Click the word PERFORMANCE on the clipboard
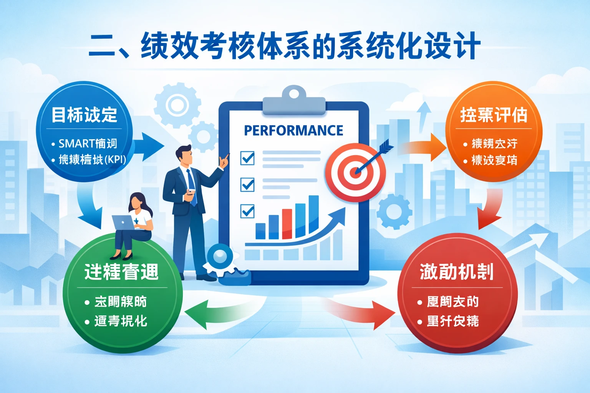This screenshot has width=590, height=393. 293,130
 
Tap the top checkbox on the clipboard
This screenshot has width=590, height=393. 247,158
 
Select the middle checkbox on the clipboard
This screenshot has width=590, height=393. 247,185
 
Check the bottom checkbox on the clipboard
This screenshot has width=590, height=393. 247,211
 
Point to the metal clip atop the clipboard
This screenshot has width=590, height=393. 294,101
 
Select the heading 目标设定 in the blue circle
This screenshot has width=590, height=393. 84,115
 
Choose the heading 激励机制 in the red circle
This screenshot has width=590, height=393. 456,272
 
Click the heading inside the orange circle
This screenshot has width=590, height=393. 494,115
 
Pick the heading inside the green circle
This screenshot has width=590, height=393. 121,272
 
